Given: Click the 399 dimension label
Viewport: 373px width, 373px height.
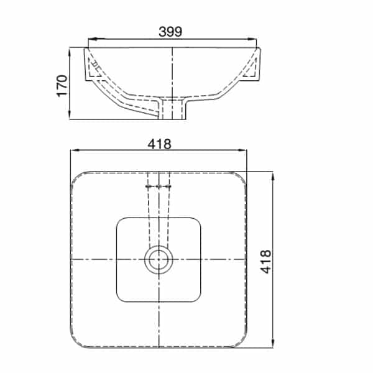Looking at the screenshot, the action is tap(170, 32).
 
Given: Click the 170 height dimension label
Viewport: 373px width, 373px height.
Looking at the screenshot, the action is tap(62, 86).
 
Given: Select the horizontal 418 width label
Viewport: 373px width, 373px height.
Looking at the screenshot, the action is tap(159, 144).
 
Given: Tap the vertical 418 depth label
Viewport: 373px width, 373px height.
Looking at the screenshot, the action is tap(265, 262).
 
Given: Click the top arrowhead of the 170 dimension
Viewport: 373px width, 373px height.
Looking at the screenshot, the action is tap(70, 53).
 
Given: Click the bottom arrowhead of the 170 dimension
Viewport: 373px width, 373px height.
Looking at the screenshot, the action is tap(70, 114).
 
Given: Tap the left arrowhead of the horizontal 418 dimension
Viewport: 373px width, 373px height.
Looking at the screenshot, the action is tap(75, 150).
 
